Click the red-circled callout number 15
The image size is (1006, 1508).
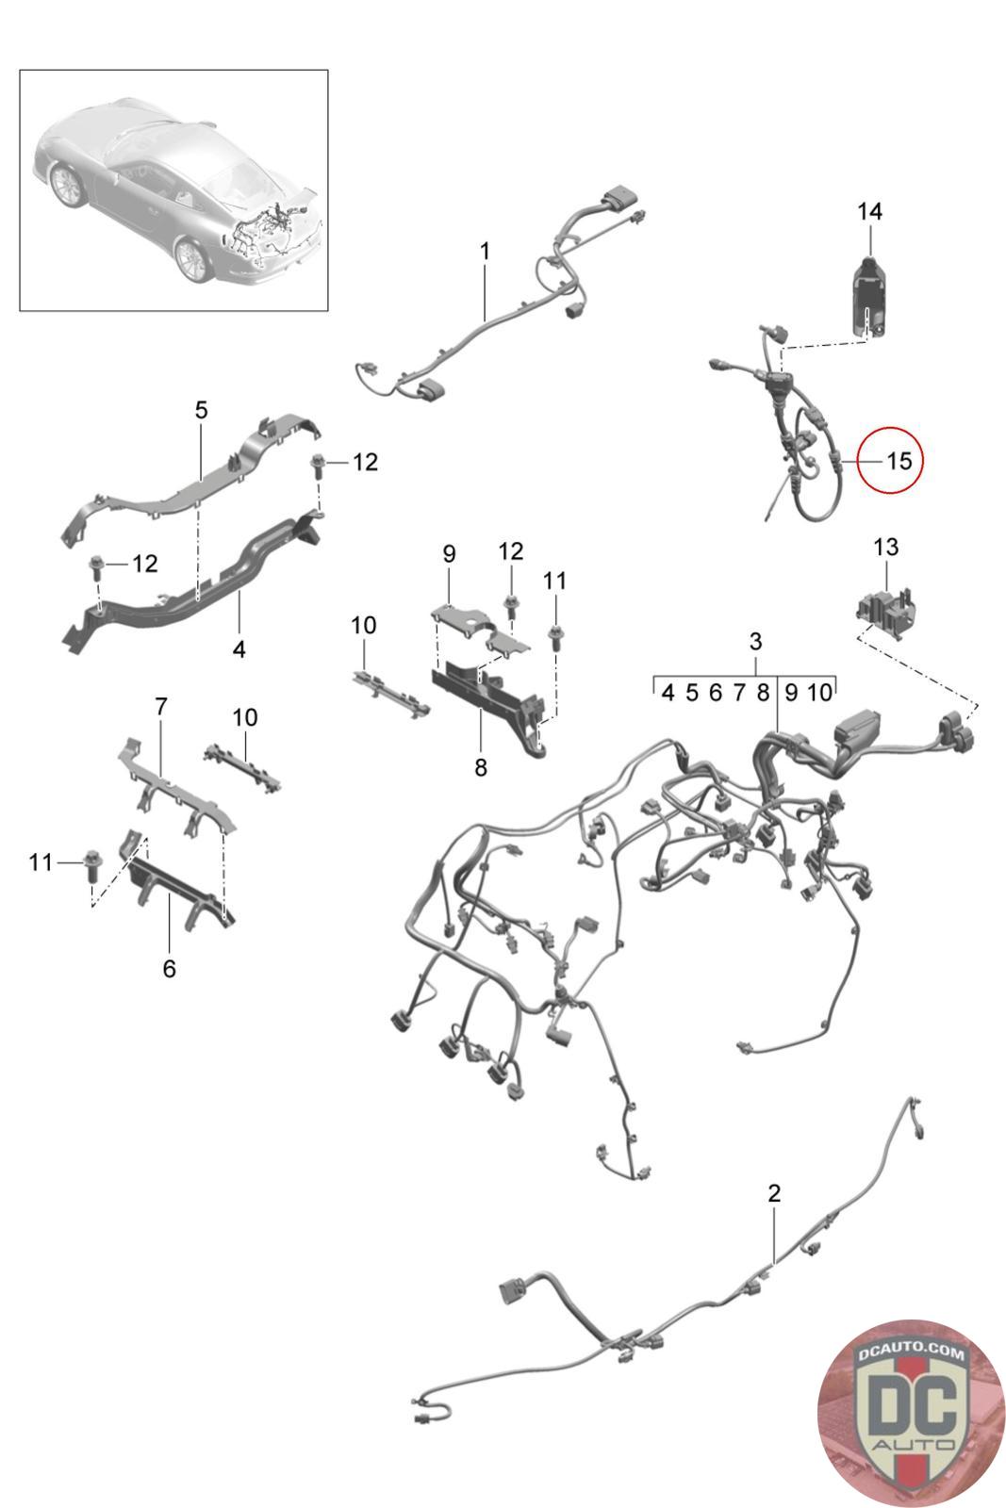(x=899, y=461)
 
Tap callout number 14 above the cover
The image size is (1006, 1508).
(x=869, y=211)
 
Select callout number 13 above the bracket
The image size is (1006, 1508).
(x=885, y=547)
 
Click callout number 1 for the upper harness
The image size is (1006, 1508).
(x=485, y=252)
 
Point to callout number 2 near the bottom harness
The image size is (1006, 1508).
(x=774, y=1193)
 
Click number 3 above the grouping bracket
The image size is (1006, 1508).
(x=755, y=642)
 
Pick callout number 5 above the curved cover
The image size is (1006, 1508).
(x=201, y=411)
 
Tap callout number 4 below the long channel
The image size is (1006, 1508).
(x=239, y=649)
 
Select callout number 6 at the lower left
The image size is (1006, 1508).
(x=169, y=968)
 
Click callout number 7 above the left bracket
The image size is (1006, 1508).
(x=161, y=706)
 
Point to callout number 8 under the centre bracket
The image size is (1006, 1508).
(x=481, y=767)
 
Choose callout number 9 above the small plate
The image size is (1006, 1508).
(x=449, y=552)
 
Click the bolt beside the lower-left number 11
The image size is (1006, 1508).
(x=91, y=862)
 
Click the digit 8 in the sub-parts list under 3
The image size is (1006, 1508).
(x=763, y=693)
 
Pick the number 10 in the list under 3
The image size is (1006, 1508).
(x=819, y=693)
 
